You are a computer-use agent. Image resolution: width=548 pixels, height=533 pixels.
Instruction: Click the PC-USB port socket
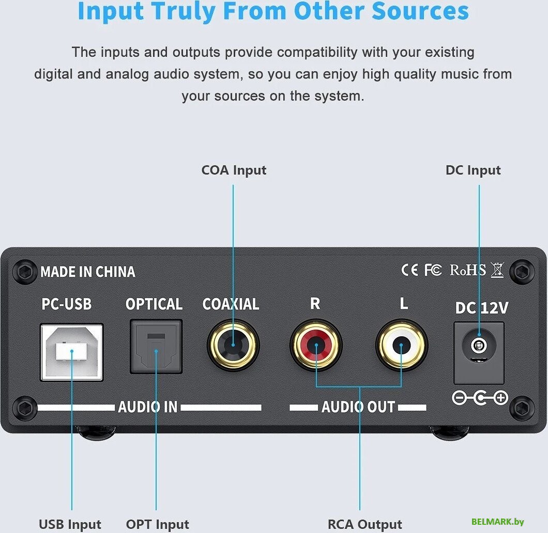pyautogui.click(x=72, y=352)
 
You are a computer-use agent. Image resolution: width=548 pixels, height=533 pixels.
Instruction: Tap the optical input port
pyautogui.click(x=156, y=347)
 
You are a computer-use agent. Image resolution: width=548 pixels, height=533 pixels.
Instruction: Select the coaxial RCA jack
pyautogui.click(x=233, y=345)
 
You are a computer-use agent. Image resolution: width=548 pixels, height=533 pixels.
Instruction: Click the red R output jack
pyautogui.click(x=316, y=345)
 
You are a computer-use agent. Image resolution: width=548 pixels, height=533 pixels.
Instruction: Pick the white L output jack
pyautogui.click(x=402, y=345)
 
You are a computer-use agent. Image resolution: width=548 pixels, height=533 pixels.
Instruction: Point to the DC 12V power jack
pyautogui.click(x=479, y=353)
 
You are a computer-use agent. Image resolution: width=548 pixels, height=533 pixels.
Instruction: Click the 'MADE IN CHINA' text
pyautogui.click(x=88, y=272)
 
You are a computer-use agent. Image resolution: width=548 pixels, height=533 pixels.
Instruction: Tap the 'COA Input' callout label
pyautogui.click(x=234, y=170)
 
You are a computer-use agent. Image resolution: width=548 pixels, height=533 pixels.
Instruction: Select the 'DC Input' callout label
pyautogui.click(x=473, y=170)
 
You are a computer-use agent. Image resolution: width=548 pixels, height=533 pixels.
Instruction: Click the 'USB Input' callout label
pyautogui.click(x=70, y=524)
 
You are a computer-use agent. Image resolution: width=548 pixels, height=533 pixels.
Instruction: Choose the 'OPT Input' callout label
pyautogui.click(x=157, y=524)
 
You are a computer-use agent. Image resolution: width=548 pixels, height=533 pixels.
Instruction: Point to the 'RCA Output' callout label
pyautogui.click(x=364, y=524)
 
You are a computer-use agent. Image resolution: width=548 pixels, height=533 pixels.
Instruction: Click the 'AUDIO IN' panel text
pyautogui.click(x=148, y=407)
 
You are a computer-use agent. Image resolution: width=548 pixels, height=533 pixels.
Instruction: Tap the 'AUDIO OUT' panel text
pyautogui.click(x=358, y=407)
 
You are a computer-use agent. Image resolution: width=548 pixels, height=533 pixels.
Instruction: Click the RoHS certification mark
pyautogui.click(x=468, y=270)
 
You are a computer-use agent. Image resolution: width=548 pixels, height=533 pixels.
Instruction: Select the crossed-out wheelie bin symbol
pyautogui.click(x=497, y=270)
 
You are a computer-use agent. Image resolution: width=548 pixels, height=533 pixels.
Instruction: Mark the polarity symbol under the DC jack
pyautogui.click(x=480, y=398)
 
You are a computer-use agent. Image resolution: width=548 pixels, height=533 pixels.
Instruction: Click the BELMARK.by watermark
pyautogui.click(x=498, y=522)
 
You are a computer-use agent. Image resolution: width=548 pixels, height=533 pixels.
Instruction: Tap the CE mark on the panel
pyautogui.click(x=409, y=270)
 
